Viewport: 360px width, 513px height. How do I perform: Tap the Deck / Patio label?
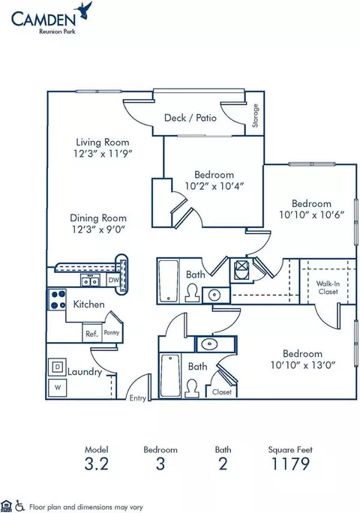[x=190, y=118]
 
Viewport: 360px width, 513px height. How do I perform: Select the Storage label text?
[x=255, y=115]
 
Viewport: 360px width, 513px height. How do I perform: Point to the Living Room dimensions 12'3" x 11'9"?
[x=103, y=154]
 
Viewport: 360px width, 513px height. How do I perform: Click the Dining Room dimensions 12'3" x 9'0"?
[x=98, y=229]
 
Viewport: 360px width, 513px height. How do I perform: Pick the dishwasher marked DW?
[x=113, y=280]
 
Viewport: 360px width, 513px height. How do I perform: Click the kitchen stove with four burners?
[x=57, y=300]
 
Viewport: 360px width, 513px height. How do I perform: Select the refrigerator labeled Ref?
[x=92, y=333]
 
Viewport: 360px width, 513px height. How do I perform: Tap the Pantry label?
[x=112, y=332]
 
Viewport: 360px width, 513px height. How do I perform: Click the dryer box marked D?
[x=58, y=367]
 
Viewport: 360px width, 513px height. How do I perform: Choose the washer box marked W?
[x=58, y=388]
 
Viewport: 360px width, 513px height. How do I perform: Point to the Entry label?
[x=137, y=398]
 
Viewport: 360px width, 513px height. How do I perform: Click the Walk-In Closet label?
[x=328, y=287]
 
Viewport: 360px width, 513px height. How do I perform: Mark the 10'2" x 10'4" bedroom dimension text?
[x=214, y=186]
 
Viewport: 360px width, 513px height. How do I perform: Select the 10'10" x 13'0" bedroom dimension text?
[x=303, y=364]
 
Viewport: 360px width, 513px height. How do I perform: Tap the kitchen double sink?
[x=90, y=280]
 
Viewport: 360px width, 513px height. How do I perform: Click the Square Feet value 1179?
[x=290, y=463]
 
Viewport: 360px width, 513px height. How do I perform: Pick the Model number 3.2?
[x=96, y=463]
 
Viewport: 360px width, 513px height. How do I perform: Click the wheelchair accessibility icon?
[x=19, y=505]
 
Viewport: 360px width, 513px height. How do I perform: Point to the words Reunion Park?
[x=57, y=31]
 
